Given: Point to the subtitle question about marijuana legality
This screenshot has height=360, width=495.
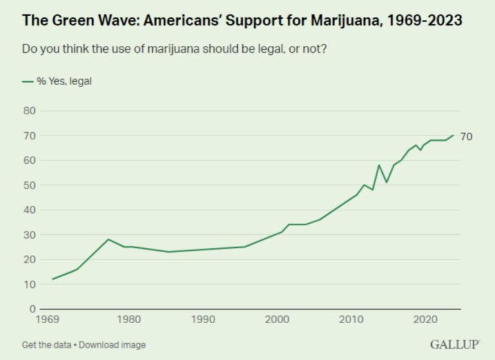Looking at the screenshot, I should click(174, 49).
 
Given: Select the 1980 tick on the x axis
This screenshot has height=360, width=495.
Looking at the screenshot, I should click(129, 319).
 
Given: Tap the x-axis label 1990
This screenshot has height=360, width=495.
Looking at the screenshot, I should click(203, 319).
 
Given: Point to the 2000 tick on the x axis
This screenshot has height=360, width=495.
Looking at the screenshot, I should click(277, 319).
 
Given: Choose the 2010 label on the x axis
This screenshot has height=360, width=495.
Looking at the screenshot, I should click(351, 319).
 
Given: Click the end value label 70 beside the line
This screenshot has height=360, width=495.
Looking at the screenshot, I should click(467, 136).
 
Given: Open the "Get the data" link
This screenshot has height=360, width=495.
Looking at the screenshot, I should click(47, 345).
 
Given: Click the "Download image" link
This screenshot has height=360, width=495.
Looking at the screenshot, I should click(112, 345).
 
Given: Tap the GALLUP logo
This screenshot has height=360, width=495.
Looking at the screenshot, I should click(455, 345).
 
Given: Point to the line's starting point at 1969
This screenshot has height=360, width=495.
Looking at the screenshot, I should click(52, 279).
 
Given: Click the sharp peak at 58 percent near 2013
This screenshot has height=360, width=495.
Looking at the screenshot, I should click(379, 165).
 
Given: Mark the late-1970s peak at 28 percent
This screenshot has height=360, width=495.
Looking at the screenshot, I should click(108, 239).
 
